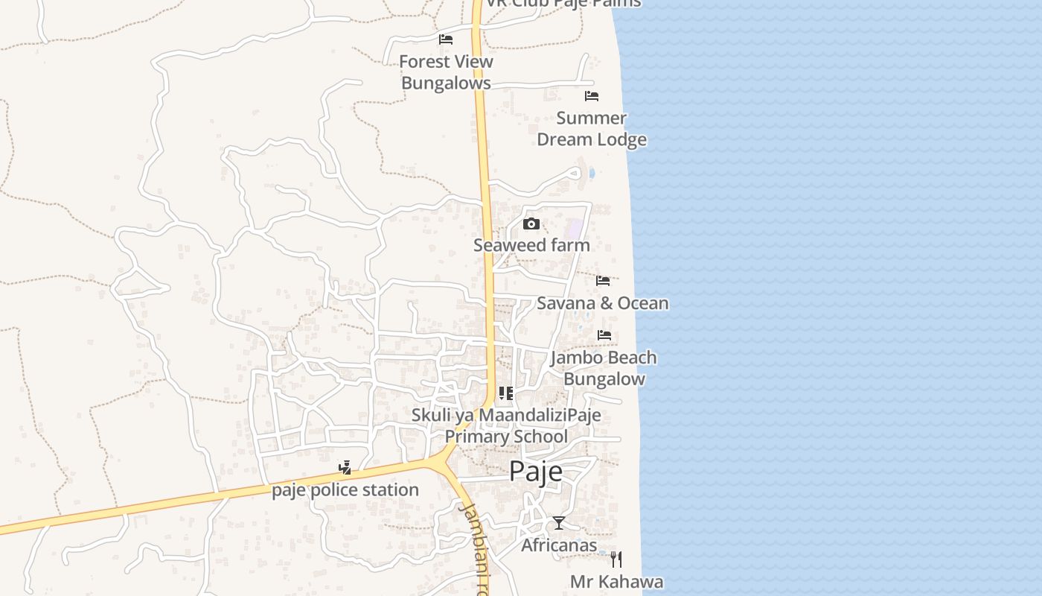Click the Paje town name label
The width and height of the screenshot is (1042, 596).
(536, 472)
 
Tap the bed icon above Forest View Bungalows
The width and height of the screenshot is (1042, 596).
(446, 39)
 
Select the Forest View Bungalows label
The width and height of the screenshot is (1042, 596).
(446, 72)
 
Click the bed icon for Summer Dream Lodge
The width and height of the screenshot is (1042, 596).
(592, 96)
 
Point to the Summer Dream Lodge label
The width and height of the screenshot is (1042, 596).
(592, 129)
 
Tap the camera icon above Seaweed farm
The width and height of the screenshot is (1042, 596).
(531, 223)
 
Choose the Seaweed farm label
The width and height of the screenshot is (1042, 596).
(531, 245)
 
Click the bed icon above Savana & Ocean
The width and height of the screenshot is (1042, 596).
(603, 281)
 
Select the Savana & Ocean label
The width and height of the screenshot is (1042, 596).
(603, 303)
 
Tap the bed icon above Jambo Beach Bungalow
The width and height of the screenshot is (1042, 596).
(604, 335)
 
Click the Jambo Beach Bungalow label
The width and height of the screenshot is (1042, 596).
(604, 368)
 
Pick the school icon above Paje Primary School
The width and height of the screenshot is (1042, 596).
(506, 393)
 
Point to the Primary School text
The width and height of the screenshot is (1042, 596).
(506, 437)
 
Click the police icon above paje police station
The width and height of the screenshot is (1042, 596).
(345, 468)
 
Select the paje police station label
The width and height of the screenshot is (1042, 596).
(345, 490)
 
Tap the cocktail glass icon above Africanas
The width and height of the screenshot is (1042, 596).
(559, 523)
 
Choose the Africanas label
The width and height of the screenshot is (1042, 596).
(559, 545)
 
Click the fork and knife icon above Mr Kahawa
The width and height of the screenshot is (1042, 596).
(616, 559)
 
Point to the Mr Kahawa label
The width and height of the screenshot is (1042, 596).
(616, 582)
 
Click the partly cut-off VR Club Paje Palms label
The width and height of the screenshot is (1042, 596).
(563, 4)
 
